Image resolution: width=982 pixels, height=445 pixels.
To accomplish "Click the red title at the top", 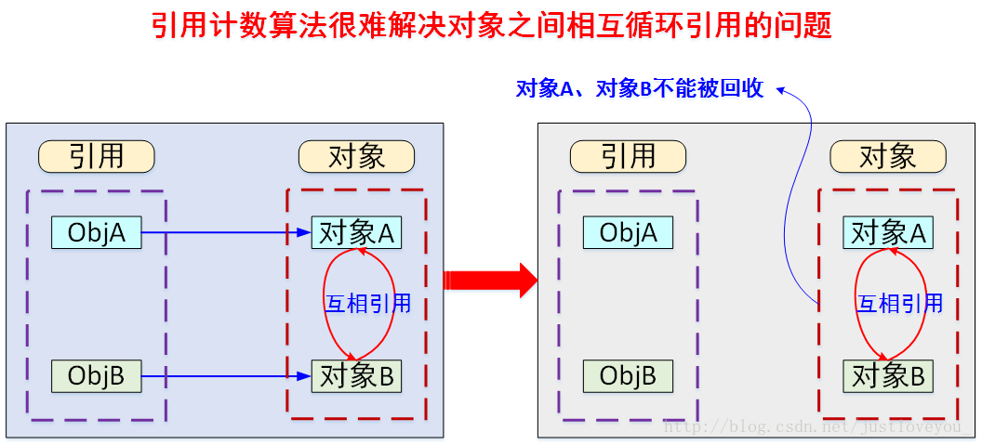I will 491,25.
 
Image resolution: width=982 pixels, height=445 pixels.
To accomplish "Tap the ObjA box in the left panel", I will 96,232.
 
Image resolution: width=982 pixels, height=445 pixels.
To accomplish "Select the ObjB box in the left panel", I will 96,375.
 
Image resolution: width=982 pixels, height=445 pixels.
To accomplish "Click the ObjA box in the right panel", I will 628,232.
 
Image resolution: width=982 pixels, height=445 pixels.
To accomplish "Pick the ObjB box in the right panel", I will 628,375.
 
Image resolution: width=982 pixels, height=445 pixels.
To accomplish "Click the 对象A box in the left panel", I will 356,233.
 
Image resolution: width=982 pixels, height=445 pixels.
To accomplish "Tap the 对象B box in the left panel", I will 356,376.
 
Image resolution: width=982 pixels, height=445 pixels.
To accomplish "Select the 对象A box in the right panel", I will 888,233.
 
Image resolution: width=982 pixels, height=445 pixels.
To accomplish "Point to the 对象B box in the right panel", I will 888,376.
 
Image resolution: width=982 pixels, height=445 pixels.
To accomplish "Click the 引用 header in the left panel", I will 96,156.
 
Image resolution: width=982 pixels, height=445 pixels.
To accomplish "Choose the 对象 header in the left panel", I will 356,156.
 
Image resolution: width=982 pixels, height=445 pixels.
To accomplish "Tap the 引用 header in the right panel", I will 628,156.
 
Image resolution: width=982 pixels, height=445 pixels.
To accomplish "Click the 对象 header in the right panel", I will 888,156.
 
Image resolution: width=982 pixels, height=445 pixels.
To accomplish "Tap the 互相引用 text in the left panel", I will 367,304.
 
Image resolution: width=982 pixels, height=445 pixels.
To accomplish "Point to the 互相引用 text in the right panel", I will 899,304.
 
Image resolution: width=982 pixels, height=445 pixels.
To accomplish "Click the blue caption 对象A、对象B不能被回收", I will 640,88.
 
